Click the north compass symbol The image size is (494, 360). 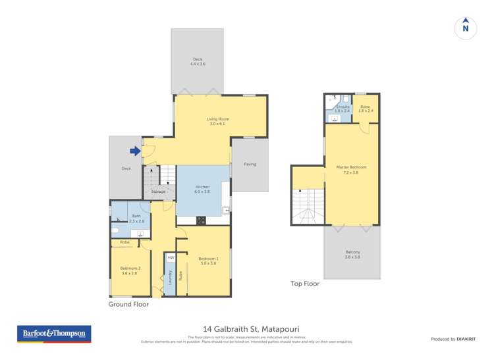(x=465, y=27)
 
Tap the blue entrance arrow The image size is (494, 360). (x=135, y=151)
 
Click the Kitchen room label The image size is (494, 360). (x=202, y=189)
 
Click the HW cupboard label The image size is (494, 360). (x=170, y=257)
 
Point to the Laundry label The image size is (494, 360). (x=170, y=277)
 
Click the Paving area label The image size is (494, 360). (x=250, y=164)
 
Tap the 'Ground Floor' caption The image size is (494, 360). (x=129, y=305)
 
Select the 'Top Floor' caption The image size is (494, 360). (x=305, y=284)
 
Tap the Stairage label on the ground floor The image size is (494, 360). (x=158, y=192)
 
